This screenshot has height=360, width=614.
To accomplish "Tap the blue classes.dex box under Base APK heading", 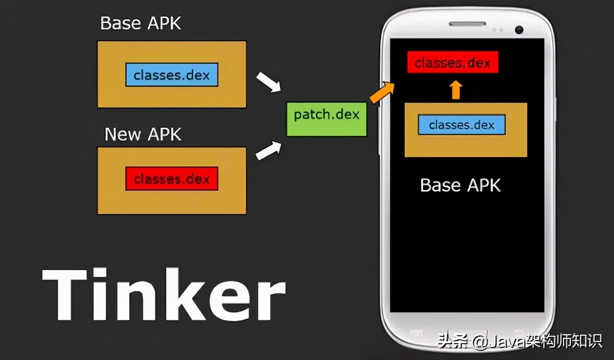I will (x=172, y=75).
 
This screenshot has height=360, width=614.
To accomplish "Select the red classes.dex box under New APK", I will (x=172, y=179).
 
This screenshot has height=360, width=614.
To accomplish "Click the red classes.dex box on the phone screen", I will (x=452, y=62).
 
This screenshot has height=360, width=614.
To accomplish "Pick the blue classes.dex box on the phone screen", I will (x=461, y=125).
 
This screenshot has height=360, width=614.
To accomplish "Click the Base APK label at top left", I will (x=141, y=23).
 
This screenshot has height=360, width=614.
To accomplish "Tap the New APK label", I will (x=143, y=134).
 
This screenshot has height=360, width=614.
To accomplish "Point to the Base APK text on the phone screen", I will (x=460, y=185).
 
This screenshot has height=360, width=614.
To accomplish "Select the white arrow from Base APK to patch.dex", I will (x=268, y=82).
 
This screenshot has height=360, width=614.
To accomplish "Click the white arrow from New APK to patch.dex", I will (x=268, y=150).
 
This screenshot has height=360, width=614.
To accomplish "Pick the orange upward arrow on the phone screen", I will (x=456, y=90).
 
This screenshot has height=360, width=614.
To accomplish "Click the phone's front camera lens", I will (x=519, y=30).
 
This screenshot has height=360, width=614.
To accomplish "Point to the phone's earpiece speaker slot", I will (x=468, y=24).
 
